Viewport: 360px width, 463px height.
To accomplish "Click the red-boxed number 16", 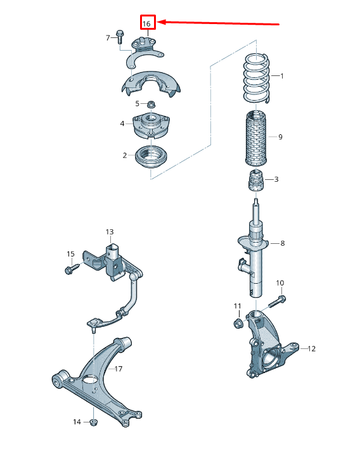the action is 146,23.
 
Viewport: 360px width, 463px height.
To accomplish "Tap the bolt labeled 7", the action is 120,36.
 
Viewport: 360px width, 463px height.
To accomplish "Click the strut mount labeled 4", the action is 151,125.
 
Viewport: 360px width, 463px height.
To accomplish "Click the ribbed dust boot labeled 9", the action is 256,138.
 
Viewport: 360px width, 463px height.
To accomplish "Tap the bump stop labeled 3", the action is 255,180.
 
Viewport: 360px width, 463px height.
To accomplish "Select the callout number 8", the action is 283,243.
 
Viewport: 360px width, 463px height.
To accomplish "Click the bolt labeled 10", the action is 276,302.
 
